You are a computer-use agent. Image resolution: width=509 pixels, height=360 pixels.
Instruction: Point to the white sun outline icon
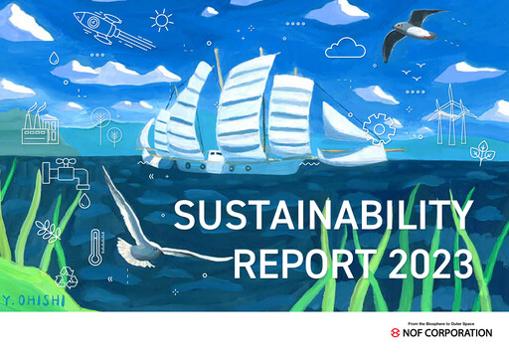pyautogui.click(x=161, y=18)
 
